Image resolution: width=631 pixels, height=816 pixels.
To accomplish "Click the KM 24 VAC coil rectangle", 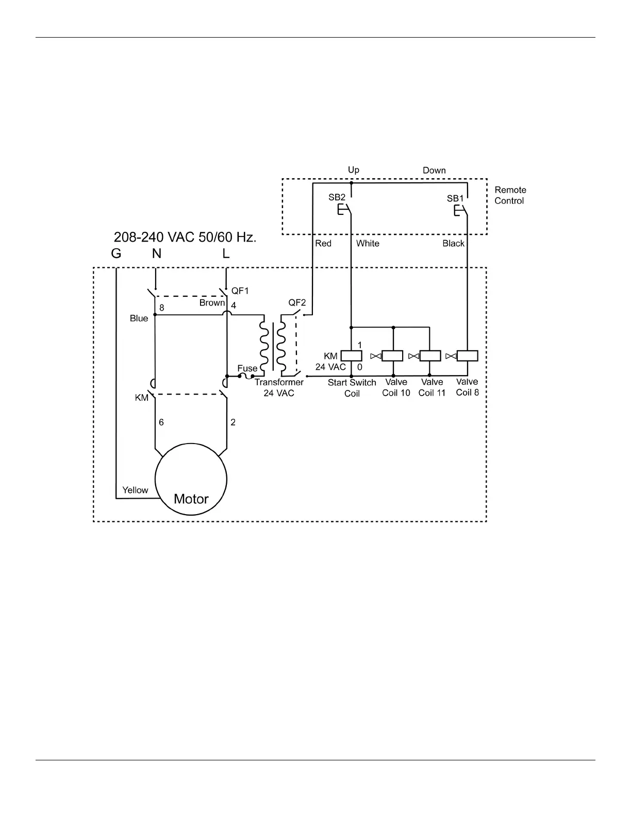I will point(352,355).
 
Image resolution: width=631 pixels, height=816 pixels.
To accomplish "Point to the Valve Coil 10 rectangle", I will point(392,355).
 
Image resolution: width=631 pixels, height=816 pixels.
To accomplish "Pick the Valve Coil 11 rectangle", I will point(430,355).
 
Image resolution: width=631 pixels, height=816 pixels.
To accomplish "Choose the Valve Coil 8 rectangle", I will point(467,355).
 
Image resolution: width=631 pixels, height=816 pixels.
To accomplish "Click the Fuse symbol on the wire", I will point(246,377).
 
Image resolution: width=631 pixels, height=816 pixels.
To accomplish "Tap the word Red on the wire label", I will point(323,243).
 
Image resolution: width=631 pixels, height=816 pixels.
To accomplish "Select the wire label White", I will point(368,243).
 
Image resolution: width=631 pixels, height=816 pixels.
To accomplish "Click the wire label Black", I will point(454,243).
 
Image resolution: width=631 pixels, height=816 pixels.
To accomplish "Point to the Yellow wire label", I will point(135,490).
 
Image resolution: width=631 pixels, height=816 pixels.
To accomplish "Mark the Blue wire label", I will point(139,318).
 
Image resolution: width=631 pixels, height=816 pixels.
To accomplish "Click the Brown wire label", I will point(212,303).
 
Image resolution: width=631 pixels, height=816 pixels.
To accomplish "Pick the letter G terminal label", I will point(116,253).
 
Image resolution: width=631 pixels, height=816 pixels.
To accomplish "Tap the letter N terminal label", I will point(157,253).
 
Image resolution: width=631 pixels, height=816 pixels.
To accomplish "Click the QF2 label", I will point(297,302).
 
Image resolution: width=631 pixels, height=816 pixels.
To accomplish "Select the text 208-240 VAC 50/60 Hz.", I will point(185,237).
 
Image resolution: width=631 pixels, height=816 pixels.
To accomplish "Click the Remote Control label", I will point(510,195).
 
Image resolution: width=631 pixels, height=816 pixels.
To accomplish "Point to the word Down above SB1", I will point(434,171).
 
